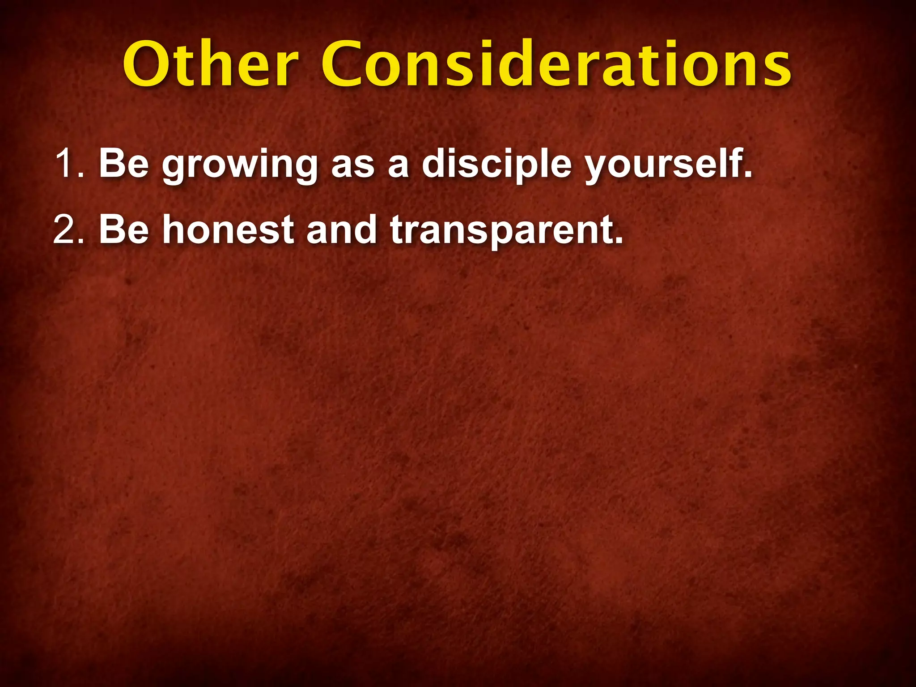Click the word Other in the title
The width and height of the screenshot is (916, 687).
(x=210, y=64)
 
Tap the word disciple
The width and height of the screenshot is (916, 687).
(x=496, y=164)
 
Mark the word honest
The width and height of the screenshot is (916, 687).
(x=228, y=230)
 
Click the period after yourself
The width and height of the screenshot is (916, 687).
(x=747, y=174)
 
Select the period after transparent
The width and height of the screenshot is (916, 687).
(x=618, y=241)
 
